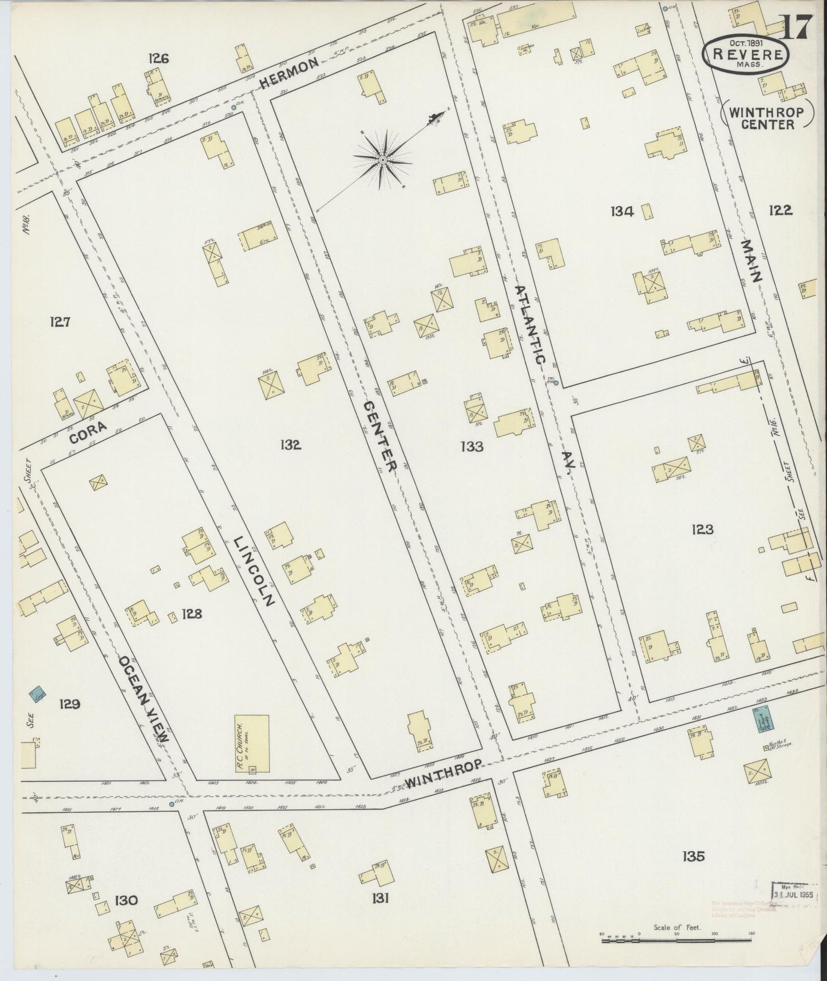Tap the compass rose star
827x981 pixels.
382,159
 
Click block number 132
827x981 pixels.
291,445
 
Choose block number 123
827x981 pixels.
702,529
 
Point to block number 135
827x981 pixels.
693,856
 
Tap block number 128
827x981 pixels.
192,614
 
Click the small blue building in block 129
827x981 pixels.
38,695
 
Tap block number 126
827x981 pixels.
158,58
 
